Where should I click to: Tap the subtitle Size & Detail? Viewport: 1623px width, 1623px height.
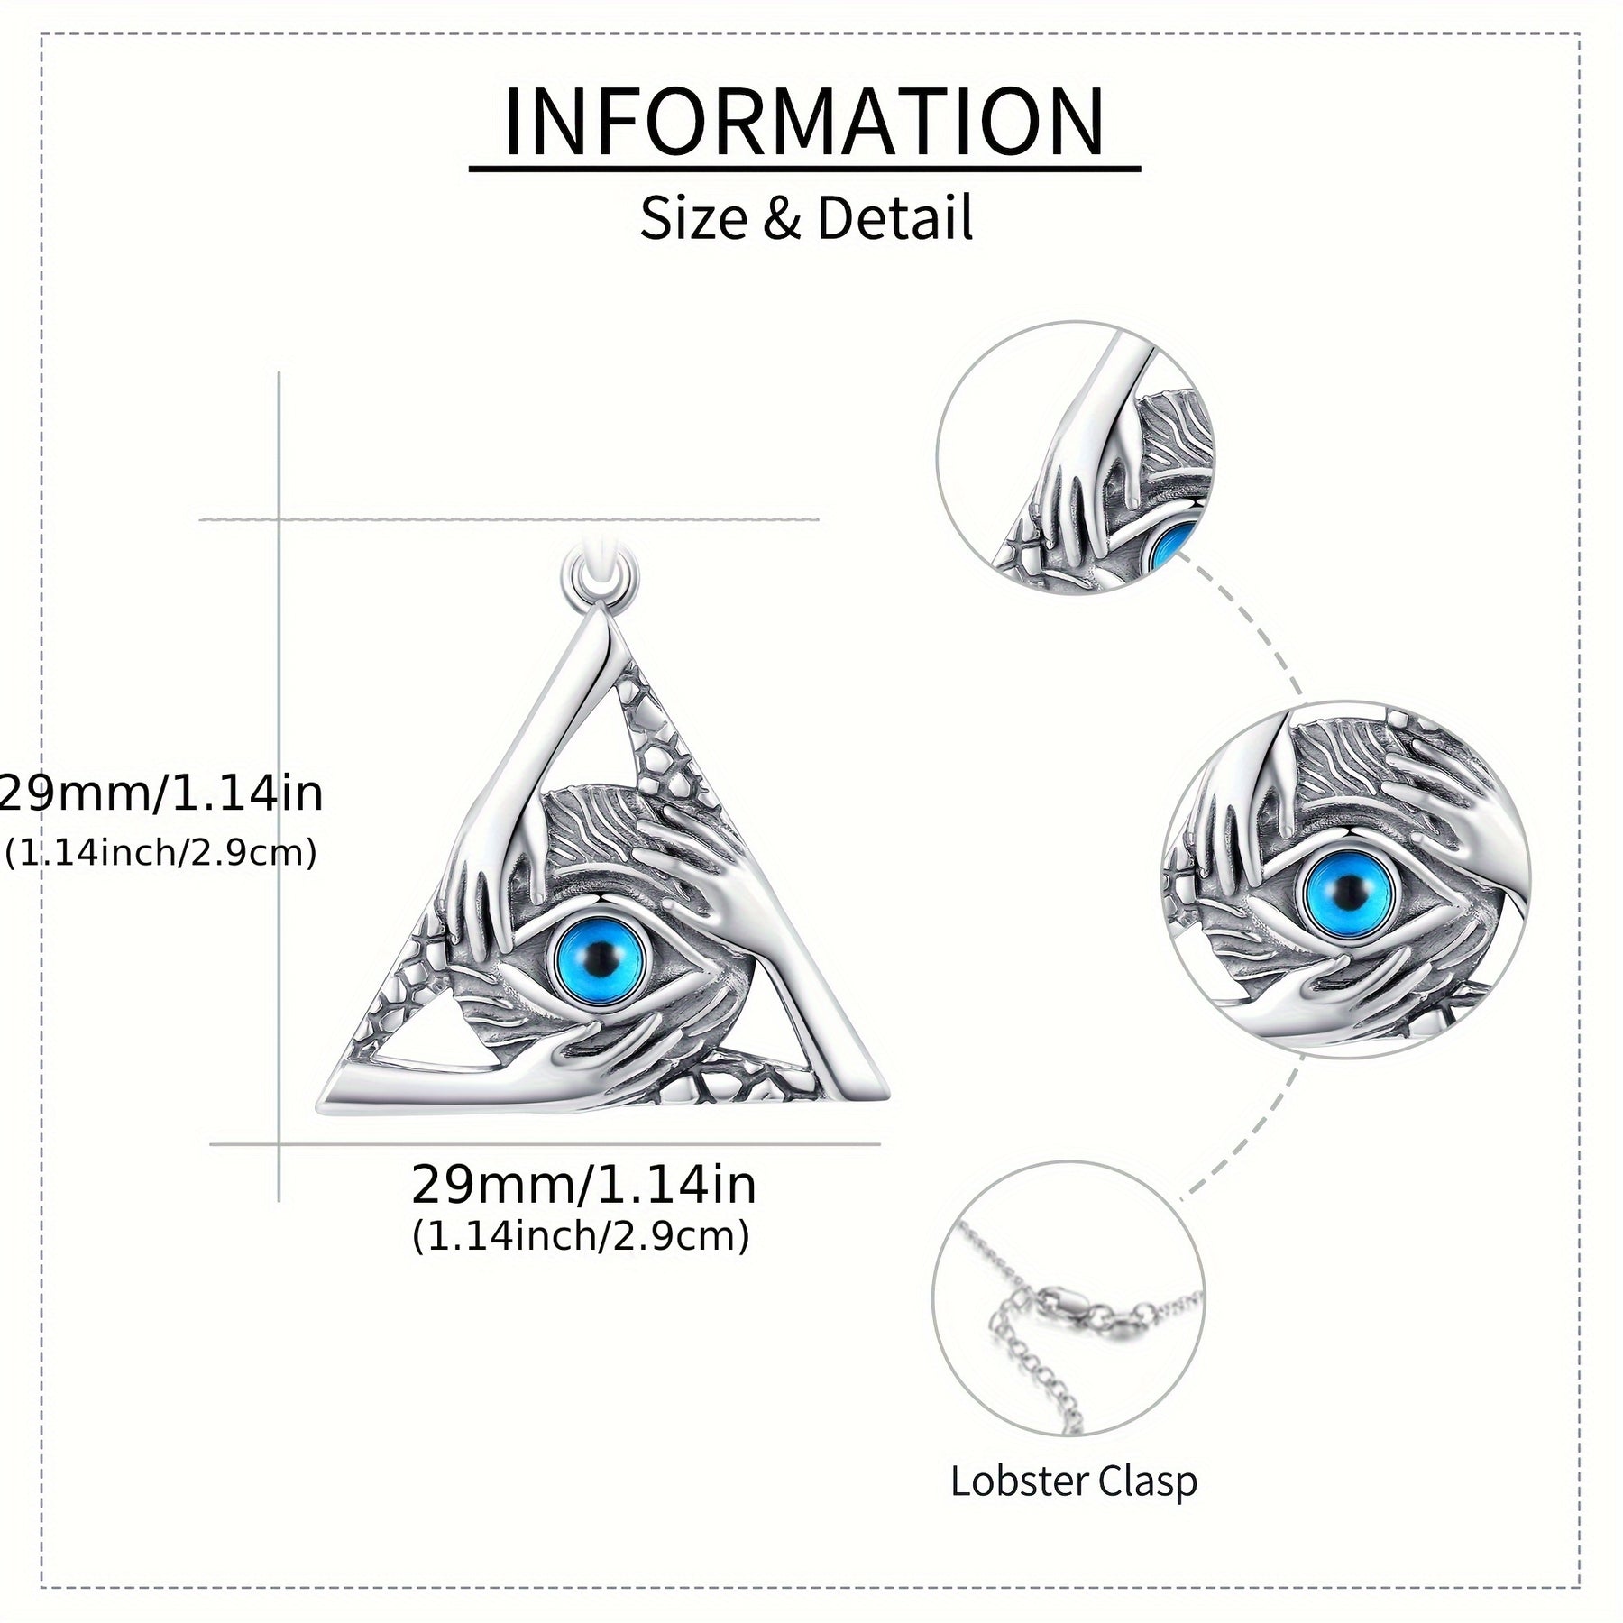click(x=806, y=218)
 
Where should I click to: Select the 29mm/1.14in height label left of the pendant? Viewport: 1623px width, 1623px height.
click(x=160, y=794)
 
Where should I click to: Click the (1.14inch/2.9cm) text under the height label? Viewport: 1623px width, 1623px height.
click(x=160, y=851)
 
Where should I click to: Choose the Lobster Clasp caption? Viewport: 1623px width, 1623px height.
click(x=1074, y=1481)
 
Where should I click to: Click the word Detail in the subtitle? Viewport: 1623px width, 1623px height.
click(x=894, y=218)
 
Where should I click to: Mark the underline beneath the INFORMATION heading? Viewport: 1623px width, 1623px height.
click(x=804, y=168)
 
